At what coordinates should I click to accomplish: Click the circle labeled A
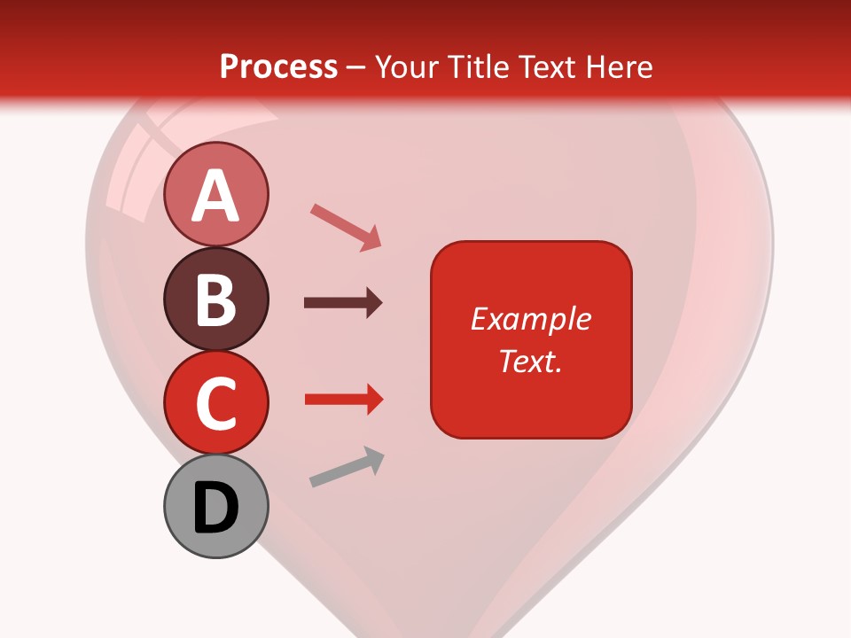click(x=216, y=194)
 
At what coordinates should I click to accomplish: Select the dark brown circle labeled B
click(x=216, y=299)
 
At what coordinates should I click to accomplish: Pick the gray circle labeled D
click(x=216, y=506)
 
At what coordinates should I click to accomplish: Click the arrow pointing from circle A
click(x=346, y=227)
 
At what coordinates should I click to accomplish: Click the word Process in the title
click(x=278, y=66)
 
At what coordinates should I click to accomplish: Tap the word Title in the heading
click(x=486, y=66)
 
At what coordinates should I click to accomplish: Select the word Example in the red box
click(x=531, y=319)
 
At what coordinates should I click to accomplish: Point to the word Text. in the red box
click(x=530, y=361)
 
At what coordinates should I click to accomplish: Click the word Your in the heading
click(x=410, y=66)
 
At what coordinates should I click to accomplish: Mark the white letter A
click(x=216, y=196)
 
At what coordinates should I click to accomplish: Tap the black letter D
click(x=216, y=508)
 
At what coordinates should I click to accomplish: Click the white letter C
click(x=216, y=403)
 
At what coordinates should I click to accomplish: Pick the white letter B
click(x=216, y=300)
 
